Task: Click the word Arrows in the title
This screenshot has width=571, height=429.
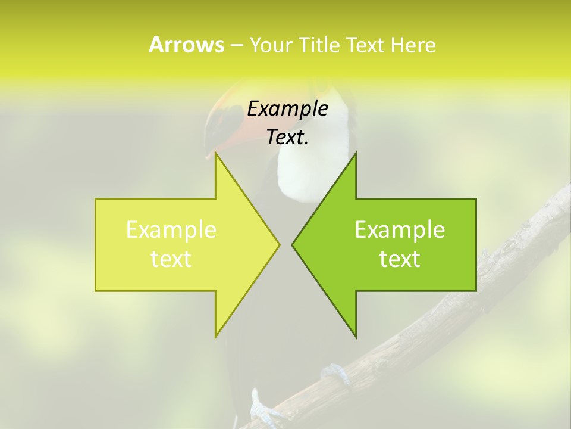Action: (x=186, y=45)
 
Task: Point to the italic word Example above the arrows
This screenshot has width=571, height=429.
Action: (x=287, y=108)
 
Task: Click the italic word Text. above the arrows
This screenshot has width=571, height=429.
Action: (x=287, y=137)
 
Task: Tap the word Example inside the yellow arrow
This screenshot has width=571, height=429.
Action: (x=171, y=229)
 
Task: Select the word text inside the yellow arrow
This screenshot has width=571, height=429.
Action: (x=171, y=259)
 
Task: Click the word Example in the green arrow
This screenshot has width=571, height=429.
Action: (x=400, y=229)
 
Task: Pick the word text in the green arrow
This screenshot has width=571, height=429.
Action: (x=400, y=259)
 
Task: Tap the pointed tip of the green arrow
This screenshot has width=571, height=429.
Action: (x=293, y=244)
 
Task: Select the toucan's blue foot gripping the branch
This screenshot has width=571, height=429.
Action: (x=334, y=374)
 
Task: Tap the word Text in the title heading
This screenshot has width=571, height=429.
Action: (x=365, y=45)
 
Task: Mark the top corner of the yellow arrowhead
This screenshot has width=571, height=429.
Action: (x=216, y=154)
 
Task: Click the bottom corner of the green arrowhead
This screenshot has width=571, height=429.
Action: (x=356, y=336)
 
